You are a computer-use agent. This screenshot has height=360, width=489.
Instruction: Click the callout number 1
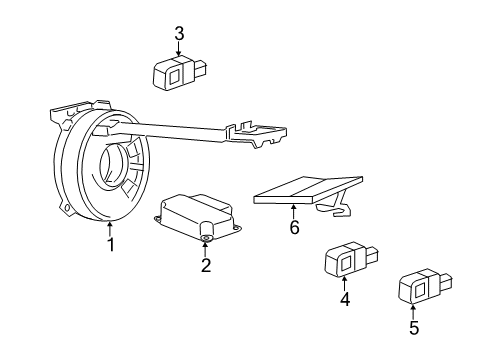coord(111,245)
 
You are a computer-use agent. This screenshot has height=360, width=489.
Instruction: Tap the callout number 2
coord(205,265)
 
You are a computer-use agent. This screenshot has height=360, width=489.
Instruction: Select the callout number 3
coord(179,34)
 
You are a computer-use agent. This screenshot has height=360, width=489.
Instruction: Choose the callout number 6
coord(293,227)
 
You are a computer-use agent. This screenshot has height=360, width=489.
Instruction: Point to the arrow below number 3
coord(179,50)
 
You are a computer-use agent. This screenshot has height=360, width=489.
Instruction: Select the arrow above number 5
coord(413,309)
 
